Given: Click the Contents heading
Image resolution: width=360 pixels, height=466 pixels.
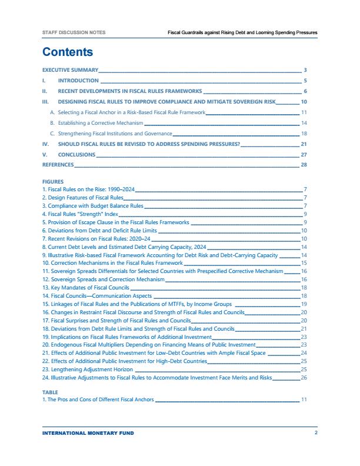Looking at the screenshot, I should tap(68, 52).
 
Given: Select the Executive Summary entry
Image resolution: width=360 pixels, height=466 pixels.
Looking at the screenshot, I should tap(69, 70).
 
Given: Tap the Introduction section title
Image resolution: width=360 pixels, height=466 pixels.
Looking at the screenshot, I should tap(78, 81).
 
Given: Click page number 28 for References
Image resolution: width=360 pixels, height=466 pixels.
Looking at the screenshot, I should tap(304, 165).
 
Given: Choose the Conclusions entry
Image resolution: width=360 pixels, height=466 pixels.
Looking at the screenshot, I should tap(76, 155).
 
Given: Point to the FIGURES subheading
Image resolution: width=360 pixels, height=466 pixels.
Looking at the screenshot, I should tap(53, 182).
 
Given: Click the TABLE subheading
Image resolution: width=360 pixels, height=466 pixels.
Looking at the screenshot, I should tap(51, 391).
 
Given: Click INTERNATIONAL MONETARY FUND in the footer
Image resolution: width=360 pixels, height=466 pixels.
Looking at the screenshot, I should tap(88, 433).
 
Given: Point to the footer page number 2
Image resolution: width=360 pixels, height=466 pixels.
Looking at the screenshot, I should tap(316, 433).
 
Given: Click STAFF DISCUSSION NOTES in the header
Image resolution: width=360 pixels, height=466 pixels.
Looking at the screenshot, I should tap(74, 32).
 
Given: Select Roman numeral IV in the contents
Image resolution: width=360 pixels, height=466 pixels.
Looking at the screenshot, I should tap(46, 144).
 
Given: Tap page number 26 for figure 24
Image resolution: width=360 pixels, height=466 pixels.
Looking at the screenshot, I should tap(304, 379).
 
